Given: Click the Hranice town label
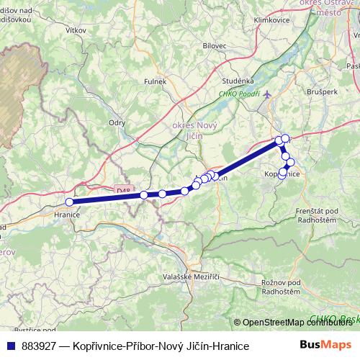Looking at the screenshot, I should click(x=66, y=215).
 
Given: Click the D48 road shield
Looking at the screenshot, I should click(x=124, y=190).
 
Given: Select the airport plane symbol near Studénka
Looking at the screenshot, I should click(x=268, y=93).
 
